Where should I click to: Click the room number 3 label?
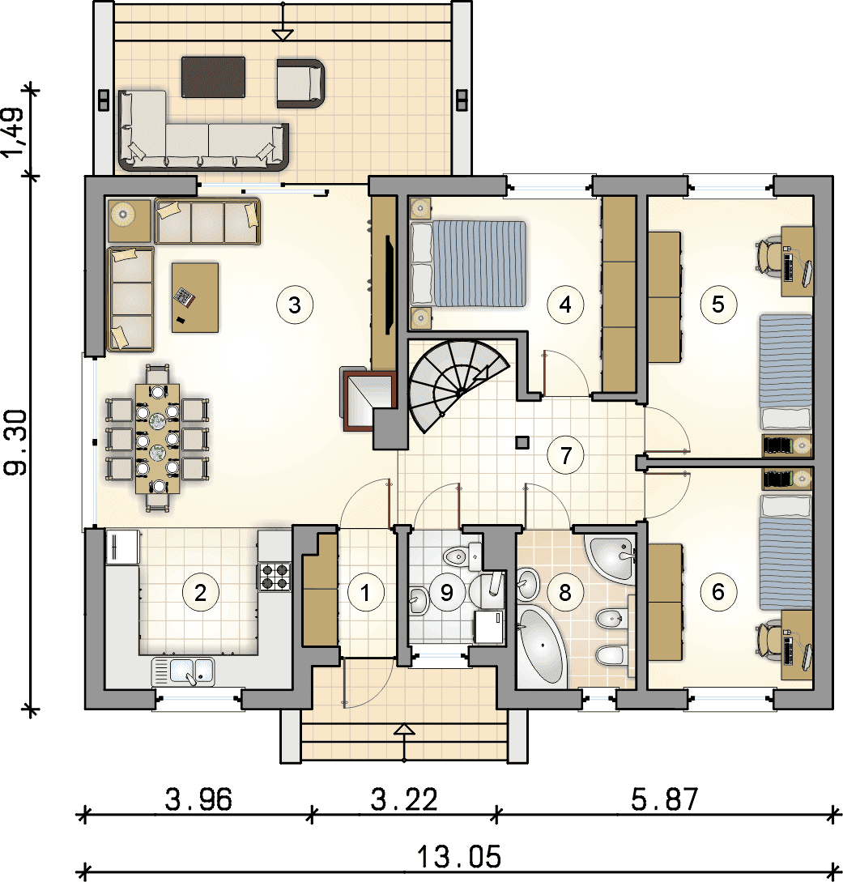(295, 305)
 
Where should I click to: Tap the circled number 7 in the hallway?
(566, 455)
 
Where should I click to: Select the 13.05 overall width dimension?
(459, 857)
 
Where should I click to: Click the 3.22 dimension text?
(404, 799)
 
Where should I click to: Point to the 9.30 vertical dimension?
(15, 442)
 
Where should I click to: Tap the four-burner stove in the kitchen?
(275, 577)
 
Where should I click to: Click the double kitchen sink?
(183, 671)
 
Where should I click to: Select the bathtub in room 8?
(540, 647)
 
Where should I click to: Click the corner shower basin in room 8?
(611, 558)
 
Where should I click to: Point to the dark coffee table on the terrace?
(213, 77)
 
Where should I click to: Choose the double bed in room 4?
(469, 264)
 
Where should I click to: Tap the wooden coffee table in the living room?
(195, 297)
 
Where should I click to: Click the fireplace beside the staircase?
(368, 398)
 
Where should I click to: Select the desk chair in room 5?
(768, 257)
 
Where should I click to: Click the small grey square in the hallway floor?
(522, 443)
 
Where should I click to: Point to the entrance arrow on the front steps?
(404, 744)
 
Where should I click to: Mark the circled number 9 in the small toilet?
(446, 592)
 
